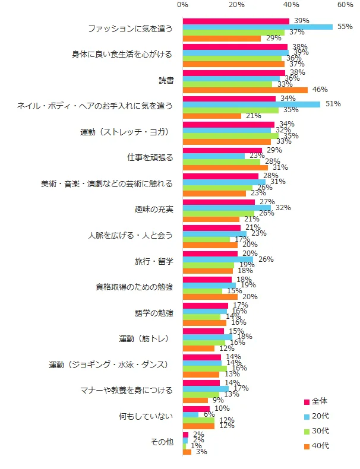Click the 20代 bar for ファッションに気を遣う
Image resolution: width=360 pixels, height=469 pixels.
pyautogui.click(x=257, y=27)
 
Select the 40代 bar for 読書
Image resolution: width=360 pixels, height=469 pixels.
pyautogui.click(x=245, y=90)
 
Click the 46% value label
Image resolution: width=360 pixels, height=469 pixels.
pyautogui.click(x=320, y=90)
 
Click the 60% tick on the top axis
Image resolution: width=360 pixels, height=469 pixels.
pyautogui.click(x=345, y=5)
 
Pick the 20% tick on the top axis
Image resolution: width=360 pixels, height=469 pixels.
pyautogui.click(x=236, y=5)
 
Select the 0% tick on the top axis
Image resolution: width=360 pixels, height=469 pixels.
pyautogui.click(x=182, y=5)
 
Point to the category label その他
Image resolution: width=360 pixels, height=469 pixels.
pyautogui.click(x=162, y=442)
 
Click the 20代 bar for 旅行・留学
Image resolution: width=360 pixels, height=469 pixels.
pyautogui.click(x=217, y=259)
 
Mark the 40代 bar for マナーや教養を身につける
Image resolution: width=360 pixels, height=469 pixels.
pyautogui.click(x=195, y=401)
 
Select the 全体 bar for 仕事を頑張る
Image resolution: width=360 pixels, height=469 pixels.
pyautogui.click(x=222, y=151)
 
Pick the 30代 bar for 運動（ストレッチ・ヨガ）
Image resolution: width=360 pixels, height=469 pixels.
pyautogui.click(x=230, y=135)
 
